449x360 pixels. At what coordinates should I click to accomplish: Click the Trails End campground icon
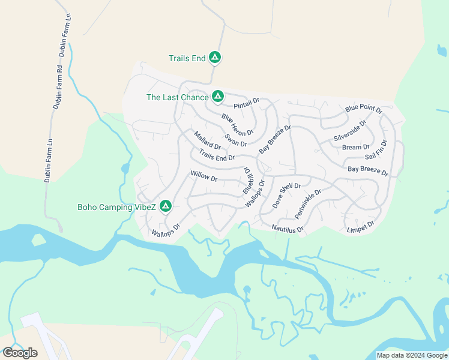[x=215, y=58]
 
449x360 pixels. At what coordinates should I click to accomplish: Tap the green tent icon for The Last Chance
[x=217, y=97]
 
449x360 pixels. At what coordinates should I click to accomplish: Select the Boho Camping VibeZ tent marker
[x=165, y=207]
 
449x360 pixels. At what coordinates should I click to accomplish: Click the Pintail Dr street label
[x=246, y=104]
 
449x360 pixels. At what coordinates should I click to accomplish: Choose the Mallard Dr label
[x=207, y=140]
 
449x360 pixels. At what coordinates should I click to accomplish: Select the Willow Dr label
[x=203, y=176]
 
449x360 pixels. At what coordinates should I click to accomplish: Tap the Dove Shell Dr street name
[x=286, y=194]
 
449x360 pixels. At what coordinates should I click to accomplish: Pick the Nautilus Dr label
[x=288, y=228]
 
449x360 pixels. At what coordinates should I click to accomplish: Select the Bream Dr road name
[x=355, y=147]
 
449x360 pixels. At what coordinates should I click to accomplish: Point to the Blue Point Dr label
[x=364, y=109]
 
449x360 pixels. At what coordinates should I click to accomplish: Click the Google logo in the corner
[x=20, y=353]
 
